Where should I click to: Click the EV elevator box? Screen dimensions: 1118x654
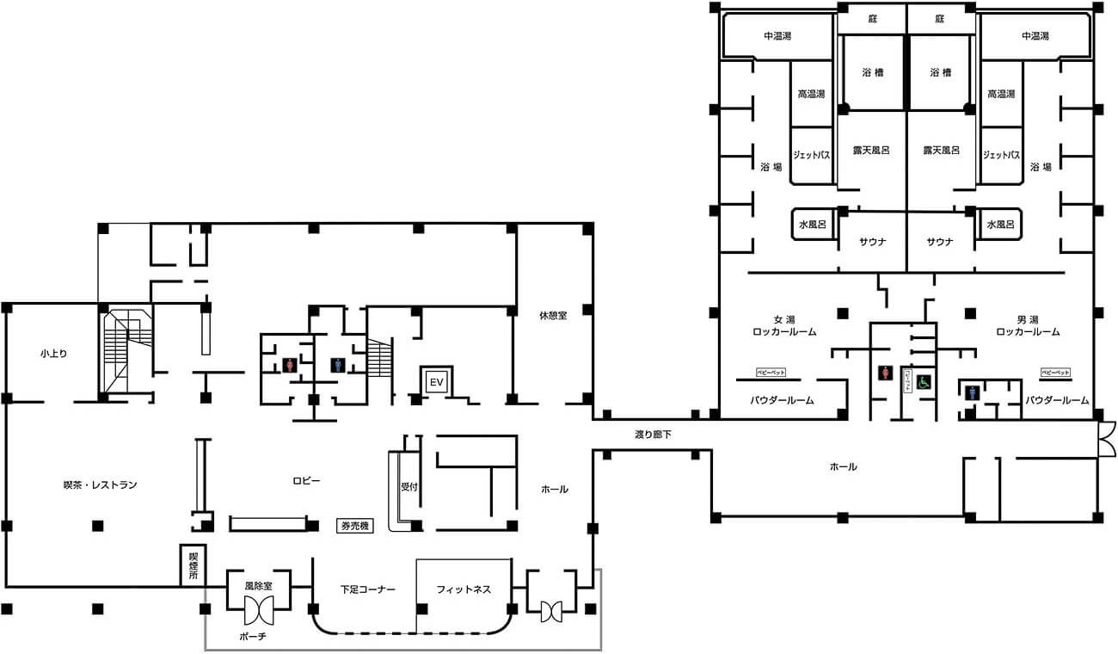pos(436,381)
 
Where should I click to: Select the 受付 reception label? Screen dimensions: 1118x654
pos(408,486)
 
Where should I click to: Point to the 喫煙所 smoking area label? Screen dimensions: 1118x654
pos(193,565)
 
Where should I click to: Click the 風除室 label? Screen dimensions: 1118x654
pos(258,585)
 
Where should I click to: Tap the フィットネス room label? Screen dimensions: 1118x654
pos(464,590)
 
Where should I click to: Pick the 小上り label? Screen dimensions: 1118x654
pos(53,353)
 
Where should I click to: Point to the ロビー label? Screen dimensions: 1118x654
pos(306,480)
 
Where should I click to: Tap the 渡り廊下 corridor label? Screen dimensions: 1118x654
pos(653,435)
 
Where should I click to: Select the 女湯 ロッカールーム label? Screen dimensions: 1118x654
pos(783,324)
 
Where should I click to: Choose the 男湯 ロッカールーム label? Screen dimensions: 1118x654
pos(1028,324)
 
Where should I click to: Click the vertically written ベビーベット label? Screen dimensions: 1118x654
pos(906,380)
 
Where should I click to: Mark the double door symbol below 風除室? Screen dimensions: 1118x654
pos(258,612)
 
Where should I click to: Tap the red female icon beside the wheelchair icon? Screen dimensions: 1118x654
pos(886,374)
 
